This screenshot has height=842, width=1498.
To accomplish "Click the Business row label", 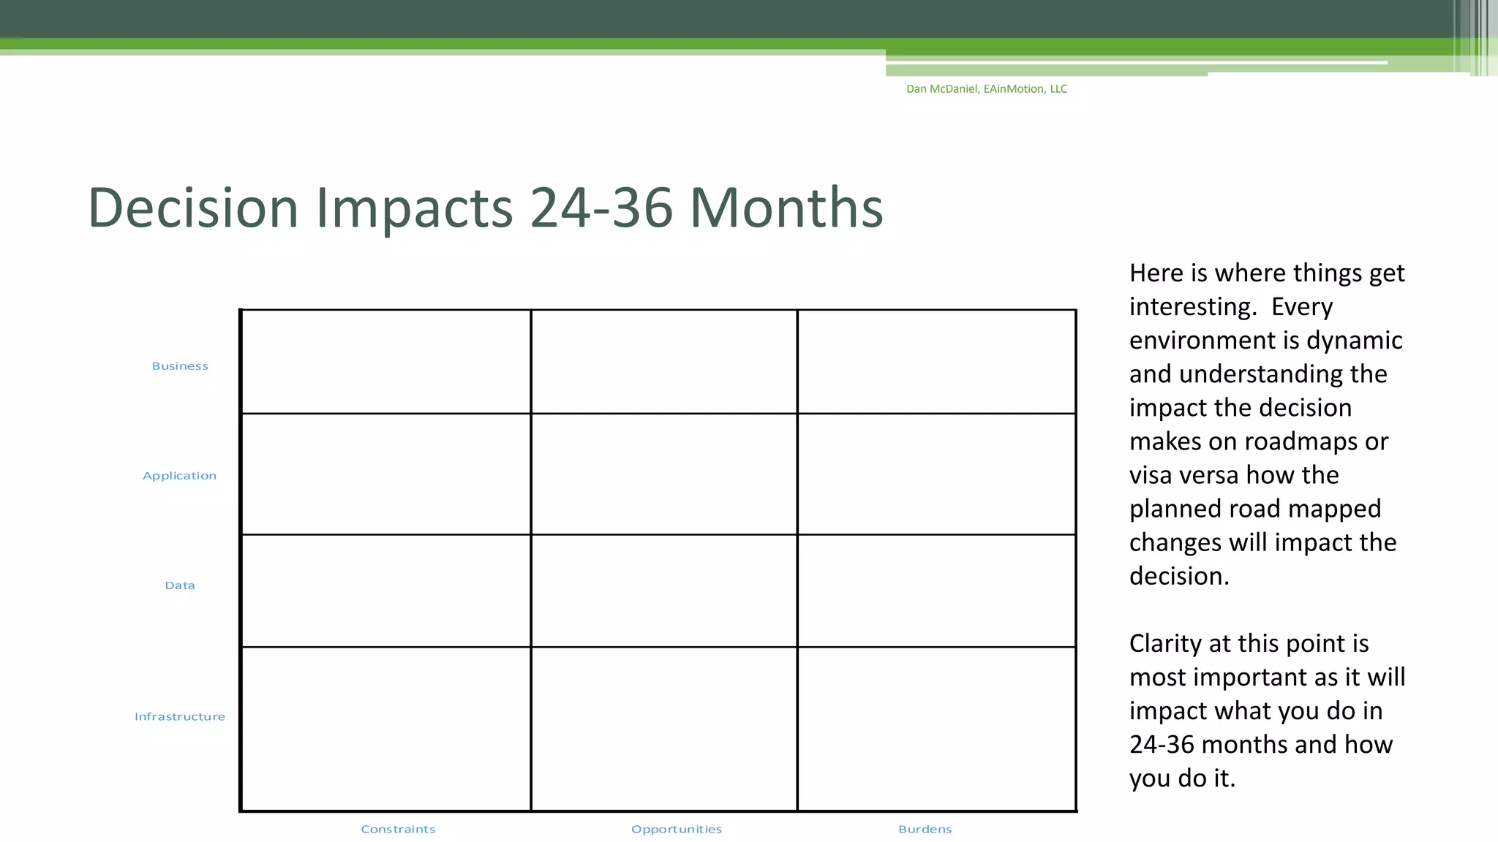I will pyautogui.click(x=180, y=366).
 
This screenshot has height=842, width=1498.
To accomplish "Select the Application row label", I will pyautogui.click(x=179, y=476).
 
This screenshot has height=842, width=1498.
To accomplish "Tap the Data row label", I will pyautogui.click(x=180, y=585).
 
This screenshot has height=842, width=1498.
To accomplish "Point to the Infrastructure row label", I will pyautogui.click(x=179, y=717).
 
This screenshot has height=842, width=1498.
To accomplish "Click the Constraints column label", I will pyautogui.click(x=398, y=830).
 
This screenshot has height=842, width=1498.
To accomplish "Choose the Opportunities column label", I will pyautogui.click(x=677, y=830).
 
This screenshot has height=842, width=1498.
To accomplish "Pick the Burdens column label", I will pyautogui.click(x=925, y=830).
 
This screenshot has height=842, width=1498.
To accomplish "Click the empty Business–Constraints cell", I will pyautogui.click(x=385, y=362).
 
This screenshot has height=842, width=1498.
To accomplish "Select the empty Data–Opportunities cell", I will pyautogui.click(x=664, y=591).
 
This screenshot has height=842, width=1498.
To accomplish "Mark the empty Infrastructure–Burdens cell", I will pyautogui.click(x=936, y=729).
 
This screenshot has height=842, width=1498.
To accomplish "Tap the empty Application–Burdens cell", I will pyautogui.click(x=936, y=474).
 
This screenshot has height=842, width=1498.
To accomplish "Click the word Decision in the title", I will pyautogui.click(x=193, y=208).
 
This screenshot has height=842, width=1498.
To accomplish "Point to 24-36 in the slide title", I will pyautogui.click(x=601, y=208).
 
